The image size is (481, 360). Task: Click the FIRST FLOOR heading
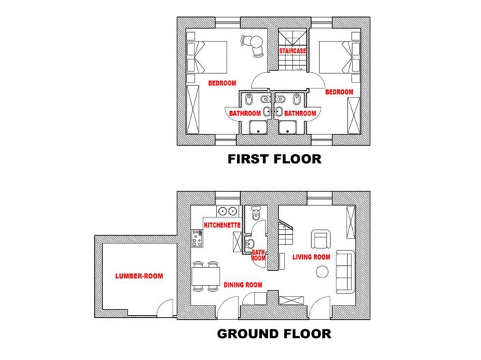point(274,160)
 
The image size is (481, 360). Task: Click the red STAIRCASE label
point(291,51)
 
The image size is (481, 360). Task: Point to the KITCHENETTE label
point(222,224)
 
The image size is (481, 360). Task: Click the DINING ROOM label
point(243,285)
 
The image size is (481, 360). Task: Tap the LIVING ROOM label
point(311,257)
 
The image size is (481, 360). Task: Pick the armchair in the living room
point(321,239)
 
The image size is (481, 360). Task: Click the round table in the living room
point(323,271)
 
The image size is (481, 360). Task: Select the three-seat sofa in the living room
point(345,269)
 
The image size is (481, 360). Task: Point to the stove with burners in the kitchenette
point(198,237)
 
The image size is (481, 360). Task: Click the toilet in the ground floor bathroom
point(256,214)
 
